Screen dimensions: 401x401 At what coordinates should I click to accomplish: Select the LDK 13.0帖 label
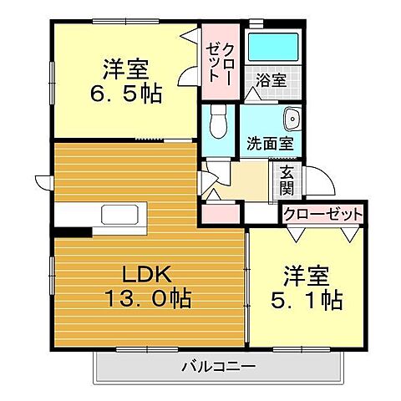click(146, 286)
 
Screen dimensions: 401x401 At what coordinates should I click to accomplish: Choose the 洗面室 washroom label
click(270, 143)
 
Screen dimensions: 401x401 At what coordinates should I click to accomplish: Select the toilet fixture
click(218, 124)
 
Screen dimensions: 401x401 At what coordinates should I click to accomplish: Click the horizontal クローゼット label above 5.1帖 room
click(322, 214)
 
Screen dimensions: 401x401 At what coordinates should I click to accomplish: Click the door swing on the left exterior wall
click(43, 179)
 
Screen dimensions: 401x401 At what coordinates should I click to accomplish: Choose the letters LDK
click(147, 274)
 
